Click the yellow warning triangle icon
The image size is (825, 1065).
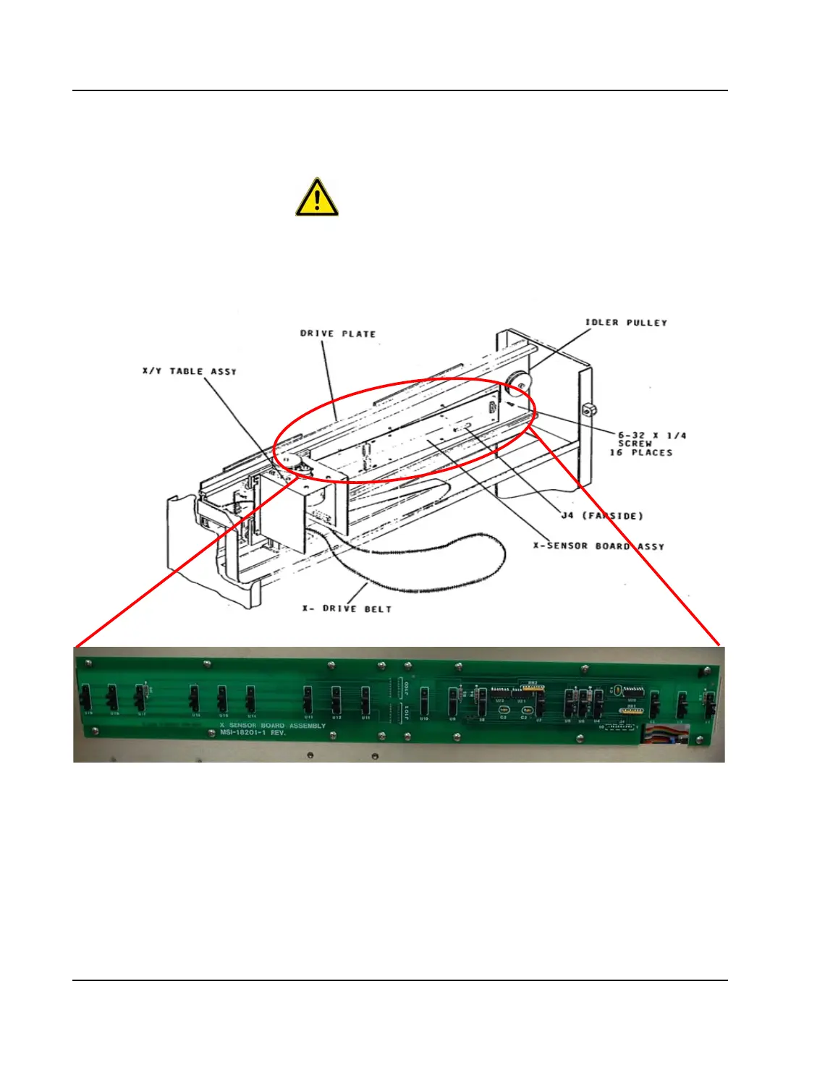(x=317, y=198)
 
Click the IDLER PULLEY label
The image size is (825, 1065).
(x=626, y=323)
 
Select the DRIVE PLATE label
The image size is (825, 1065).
(x=338, y=334)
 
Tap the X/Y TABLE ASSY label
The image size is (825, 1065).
(x=190, y=371)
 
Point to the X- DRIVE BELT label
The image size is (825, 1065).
(x=347, y=609)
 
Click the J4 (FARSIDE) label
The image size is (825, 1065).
(x=602, y=516)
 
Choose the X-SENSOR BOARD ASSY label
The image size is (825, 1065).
(x=598, y=546)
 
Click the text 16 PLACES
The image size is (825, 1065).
(x=640, y=453)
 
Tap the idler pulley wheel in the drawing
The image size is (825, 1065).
(x=519, y=383)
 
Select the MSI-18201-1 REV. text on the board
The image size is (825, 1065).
(x=253, y=733)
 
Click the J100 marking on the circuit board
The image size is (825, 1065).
(x=406, y=687)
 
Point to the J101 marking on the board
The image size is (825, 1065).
(x=406, y=713)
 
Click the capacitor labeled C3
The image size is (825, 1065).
(x=504, y=710)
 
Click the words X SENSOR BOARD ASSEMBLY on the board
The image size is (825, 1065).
(x=273, y=725)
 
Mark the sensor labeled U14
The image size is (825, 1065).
(x=250, y=700)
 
